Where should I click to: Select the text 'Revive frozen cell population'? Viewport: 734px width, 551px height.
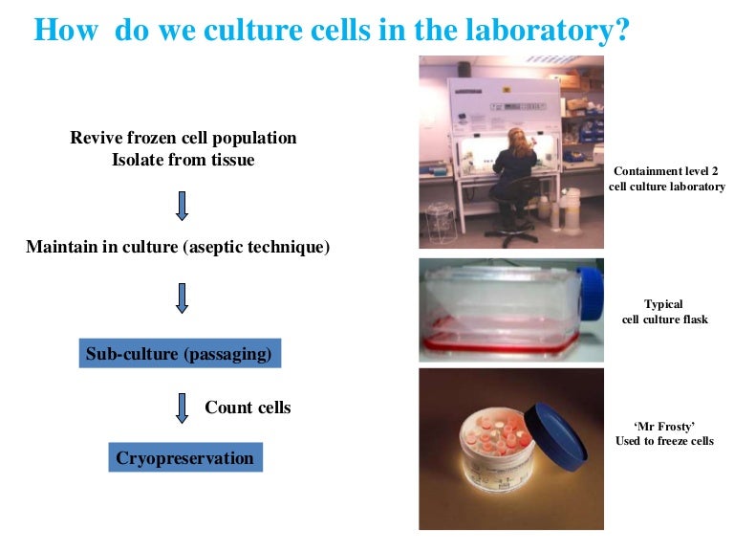(x=183, y=138)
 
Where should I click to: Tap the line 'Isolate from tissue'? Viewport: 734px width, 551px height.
(x=183, y=160)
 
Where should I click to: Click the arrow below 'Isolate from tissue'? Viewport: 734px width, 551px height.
(x=183, y=204)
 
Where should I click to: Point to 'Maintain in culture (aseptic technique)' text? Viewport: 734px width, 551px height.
(x=178, y=247)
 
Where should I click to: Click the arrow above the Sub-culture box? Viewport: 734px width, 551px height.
(x=183, y=297)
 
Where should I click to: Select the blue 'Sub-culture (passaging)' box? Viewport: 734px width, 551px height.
(x=180, y=355)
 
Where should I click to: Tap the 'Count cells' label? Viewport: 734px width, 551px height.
(x=248, y=408)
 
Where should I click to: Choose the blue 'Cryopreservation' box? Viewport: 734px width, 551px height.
(x=184, y=458)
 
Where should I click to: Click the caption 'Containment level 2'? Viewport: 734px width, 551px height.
(x=666, y=170)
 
